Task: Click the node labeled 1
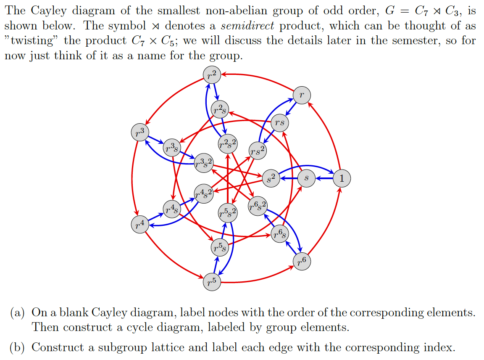coord(341,178)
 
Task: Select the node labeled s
coord(306,178)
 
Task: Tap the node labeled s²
coord(271,178)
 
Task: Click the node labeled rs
coord(280,122)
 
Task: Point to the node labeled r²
coord(212,75)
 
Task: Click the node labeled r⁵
coord(212,281)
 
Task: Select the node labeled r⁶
coord(301,262)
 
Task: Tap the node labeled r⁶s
coord(280,234)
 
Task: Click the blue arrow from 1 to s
coord(324,178)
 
